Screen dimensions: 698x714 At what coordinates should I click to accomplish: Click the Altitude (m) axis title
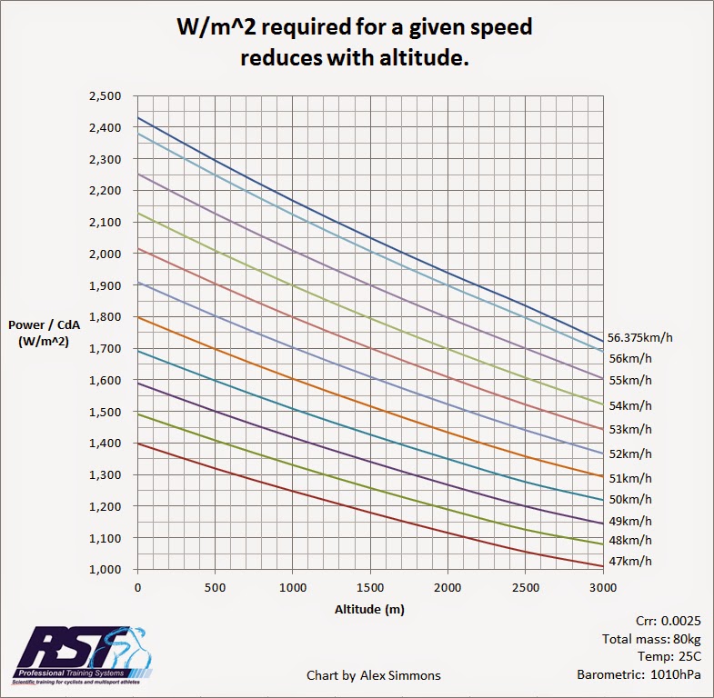[368, 609]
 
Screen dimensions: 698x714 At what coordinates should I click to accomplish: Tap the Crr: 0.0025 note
[652, 621]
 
